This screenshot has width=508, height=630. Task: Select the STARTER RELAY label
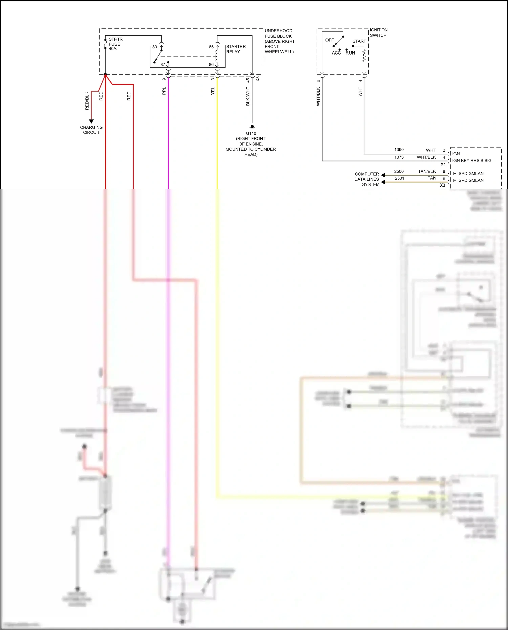click(236, 49)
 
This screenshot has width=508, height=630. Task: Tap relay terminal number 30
click(155, 47)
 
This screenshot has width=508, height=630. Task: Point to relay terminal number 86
click(211, 64)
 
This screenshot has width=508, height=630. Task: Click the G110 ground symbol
click(252, 128)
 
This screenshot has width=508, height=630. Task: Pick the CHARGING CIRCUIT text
click(91, 130)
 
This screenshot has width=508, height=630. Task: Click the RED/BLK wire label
click(87, 101)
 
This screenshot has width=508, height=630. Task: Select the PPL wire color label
click(164, 91)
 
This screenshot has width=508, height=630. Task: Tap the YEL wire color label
click(213, 91)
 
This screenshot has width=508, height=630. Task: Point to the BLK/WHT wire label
click(248, 96)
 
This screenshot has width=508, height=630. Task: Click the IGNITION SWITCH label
click(378, 32)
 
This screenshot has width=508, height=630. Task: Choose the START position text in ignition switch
click(359, 41)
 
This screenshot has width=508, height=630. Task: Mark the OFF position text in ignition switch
click(329, 40)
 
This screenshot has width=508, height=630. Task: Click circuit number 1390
click(399, 150)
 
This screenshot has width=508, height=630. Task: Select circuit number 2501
click(399, 178)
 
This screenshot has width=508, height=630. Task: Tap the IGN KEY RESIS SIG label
click(472, 161)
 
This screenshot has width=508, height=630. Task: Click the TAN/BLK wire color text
click(427, 171)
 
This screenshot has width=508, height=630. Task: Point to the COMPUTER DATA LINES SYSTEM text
click(367, 179)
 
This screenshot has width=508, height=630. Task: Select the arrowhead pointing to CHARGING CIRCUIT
click(91, 121)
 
